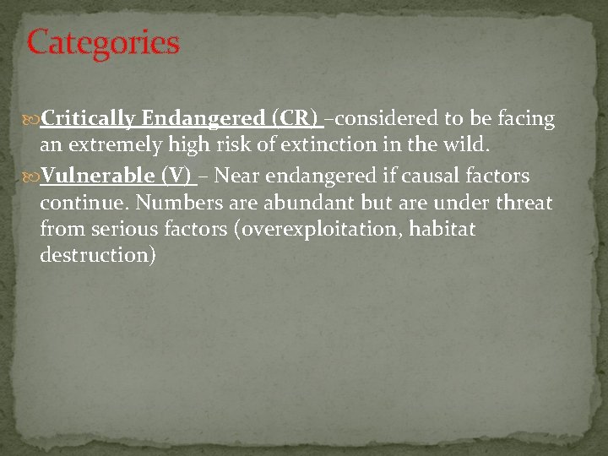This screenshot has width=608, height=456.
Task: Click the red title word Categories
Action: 103,42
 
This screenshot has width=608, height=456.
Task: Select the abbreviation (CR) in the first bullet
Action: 295,119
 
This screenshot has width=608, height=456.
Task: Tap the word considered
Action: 379,119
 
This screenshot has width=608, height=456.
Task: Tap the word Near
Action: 237,176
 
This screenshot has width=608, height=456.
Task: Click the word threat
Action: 524,204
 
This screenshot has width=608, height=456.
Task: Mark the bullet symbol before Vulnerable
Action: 33,176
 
